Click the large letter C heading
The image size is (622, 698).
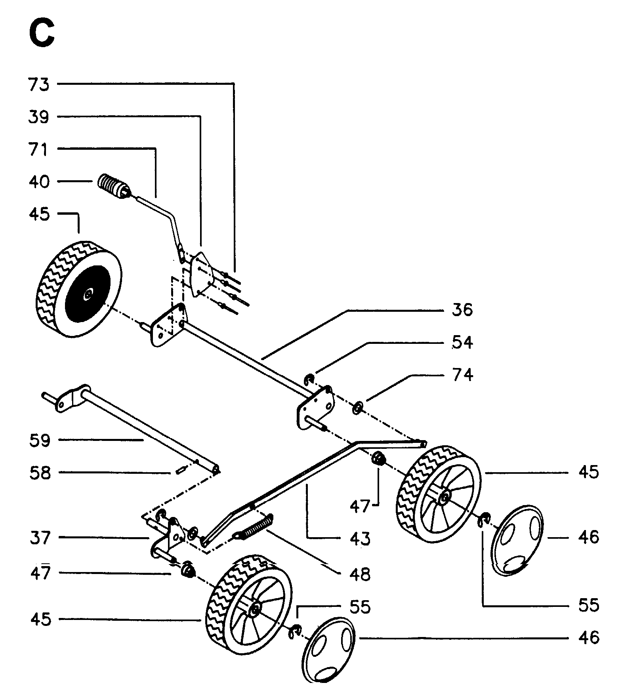(42, 34)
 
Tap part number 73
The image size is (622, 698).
(39, 84)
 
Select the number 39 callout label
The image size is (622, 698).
(39, 117)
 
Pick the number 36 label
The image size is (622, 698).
(462, 309)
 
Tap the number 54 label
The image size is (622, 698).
(462, 342)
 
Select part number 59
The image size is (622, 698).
(40, 441)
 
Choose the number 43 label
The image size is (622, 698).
(360, 539)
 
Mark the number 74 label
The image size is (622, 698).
(462, 375)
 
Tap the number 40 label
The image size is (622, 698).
(39, 182)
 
